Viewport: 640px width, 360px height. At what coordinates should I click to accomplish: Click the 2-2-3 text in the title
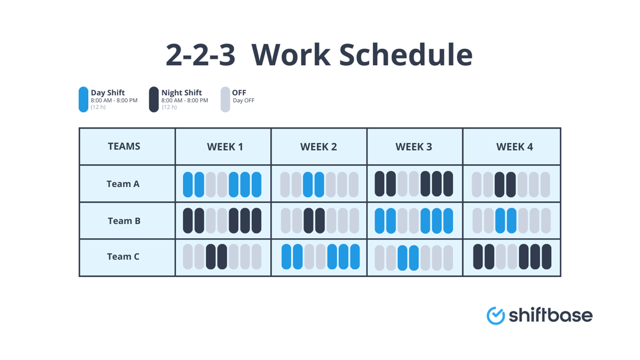pyautogui.click(x=201, y=55)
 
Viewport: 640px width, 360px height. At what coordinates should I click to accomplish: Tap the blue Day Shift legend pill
pyautogui.click(x=84, y=99)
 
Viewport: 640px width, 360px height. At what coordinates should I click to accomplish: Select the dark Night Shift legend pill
pyautogui.click(x=154, y=99)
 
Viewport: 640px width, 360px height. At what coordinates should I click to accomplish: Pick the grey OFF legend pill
pyautogui.click(x=225, y=99)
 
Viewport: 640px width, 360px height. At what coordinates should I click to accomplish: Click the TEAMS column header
pyautogui.click(x=124, y=146)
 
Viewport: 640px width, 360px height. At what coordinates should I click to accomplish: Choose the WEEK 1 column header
pyautogui.click(x=225, y=147)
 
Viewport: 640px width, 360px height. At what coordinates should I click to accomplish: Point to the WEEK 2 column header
pyautogui.click(x=318, y=147)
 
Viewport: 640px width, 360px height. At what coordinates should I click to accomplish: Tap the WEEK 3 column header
pyautogui.click(x=414, y=147)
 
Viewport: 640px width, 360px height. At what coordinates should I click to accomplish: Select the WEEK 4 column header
pyautogui.click(x=514, y=147)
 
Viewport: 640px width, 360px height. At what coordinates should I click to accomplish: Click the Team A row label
pyautogui.click(x=123, y=184)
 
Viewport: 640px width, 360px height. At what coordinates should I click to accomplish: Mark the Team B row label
pyautogui.click(x=124, y=221)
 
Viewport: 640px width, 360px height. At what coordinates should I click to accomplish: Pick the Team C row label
pyautogui.click(x=123, y=257)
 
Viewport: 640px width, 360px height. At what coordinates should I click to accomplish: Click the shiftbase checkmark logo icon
pyautogui.click(x=495, y=315)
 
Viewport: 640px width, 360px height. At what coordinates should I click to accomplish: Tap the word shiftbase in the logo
pyautogui.click(x=550, y=315)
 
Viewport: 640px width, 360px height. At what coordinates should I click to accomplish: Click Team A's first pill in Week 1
pyautogui.click(x=188, y=185)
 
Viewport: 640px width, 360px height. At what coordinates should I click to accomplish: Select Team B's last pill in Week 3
pyautogui.click(x=448, y=221)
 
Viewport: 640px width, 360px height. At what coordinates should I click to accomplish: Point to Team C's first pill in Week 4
pyautogui.click(x=478, y=257)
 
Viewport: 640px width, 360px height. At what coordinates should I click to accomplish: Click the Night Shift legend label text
pyautogui.click(x=181, y=92)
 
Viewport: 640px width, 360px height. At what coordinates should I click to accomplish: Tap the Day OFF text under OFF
pyautogui.click(x=244, y=101)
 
